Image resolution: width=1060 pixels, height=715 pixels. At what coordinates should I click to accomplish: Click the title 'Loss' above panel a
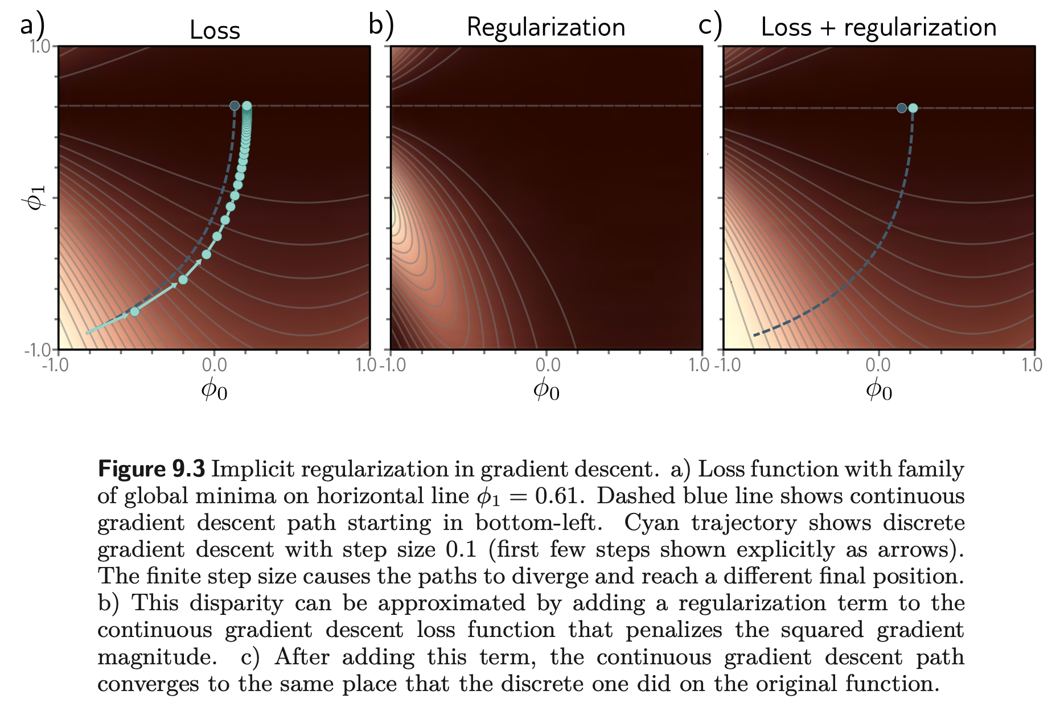(x=215, y=30)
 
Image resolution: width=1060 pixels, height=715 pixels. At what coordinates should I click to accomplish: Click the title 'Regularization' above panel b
(x=546, y=28)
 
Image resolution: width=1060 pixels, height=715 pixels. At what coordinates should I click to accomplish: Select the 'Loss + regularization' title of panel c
(x=878, y=28)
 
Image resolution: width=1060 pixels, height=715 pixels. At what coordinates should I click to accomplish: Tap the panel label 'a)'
(x=32, y=26)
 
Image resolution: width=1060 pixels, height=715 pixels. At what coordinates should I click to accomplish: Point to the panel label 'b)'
(x=381, y=26)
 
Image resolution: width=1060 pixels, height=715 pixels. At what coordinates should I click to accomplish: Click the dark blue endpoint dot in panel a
(x=235, y=106)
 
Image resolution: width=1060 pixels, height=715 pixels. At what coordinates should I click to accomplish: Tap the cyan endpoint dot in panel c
(x=913, y=108)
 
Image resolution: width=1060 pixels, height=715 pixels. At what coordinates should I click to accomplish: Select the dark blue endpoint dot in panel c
(x=902, y=108)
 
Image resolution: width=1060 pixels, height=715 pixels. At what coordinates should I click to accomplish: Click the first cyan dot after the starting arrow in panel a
(x=134, y=311)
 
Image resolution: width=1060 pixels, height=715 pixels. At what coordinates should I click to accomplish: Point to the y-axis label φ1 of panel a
(x=36, y=198)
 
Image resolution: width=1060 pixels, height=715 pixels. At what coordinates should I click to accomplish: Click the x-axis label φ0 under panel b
(x=546, y=389)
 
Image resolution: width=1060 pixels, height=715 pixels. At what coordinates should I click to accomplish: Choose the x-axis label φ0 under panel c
(x=878, y=389)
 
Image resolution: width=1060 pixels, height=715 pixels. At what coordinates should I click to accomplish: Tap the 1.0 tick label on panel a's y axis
(x=40, y=46)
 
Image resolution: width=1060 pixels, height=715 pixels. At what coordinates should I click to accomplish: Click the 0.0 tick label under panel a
(x=214, y=364)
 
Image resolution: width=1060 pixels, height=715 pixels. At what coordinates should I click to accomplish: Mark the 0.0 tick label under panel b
(x=548, y=364)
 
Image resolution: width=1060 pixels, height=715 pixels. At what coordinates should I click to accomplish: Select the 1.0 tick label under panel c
(x=1031, y=364)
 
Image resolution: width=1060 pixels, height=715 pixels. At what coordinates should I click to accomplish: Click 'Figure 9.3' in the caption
(x=151, y=469)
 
